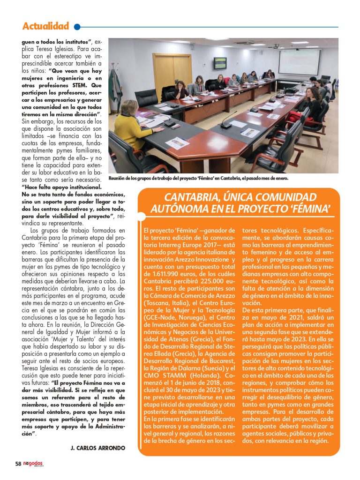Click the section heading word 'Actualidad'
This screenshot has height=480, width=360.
(x=45, y=26)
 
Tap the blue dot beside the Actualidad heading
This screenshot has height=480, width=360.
(x=77, y=27)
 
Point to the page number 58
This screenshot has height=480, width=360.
(x=18, y=464)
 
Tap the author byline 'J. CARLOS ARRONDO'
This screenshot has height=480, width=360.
(x=97, y=448)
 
